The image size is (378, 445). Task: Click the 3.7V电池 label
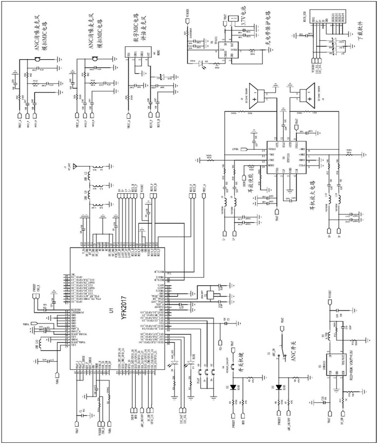pos(243,24)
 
